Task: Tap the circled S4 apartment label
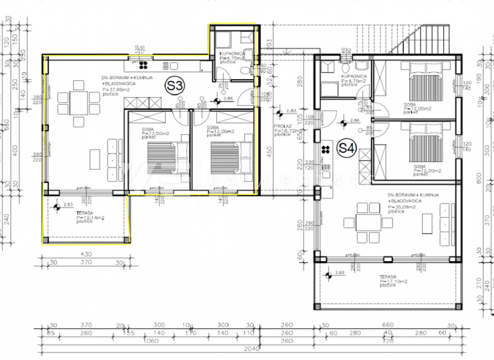coord(347,148)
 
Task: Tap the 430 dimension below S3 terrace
coord(87,255)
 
